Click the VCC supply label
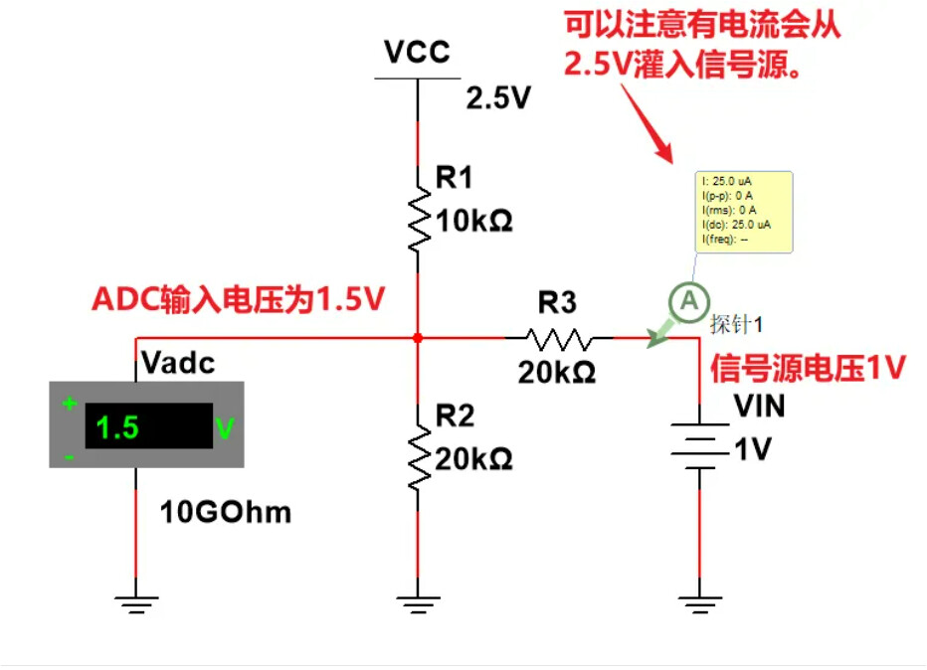418,52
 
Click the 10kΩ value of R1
473,221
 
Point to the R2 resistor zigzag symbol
419,456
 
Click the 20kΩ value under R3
556,373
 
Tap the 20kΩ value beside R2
473,458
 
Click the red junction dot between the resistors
418,338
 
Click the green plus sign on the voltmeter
70,404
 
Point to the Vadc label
178,363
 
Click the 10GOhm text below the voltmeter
226,512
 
